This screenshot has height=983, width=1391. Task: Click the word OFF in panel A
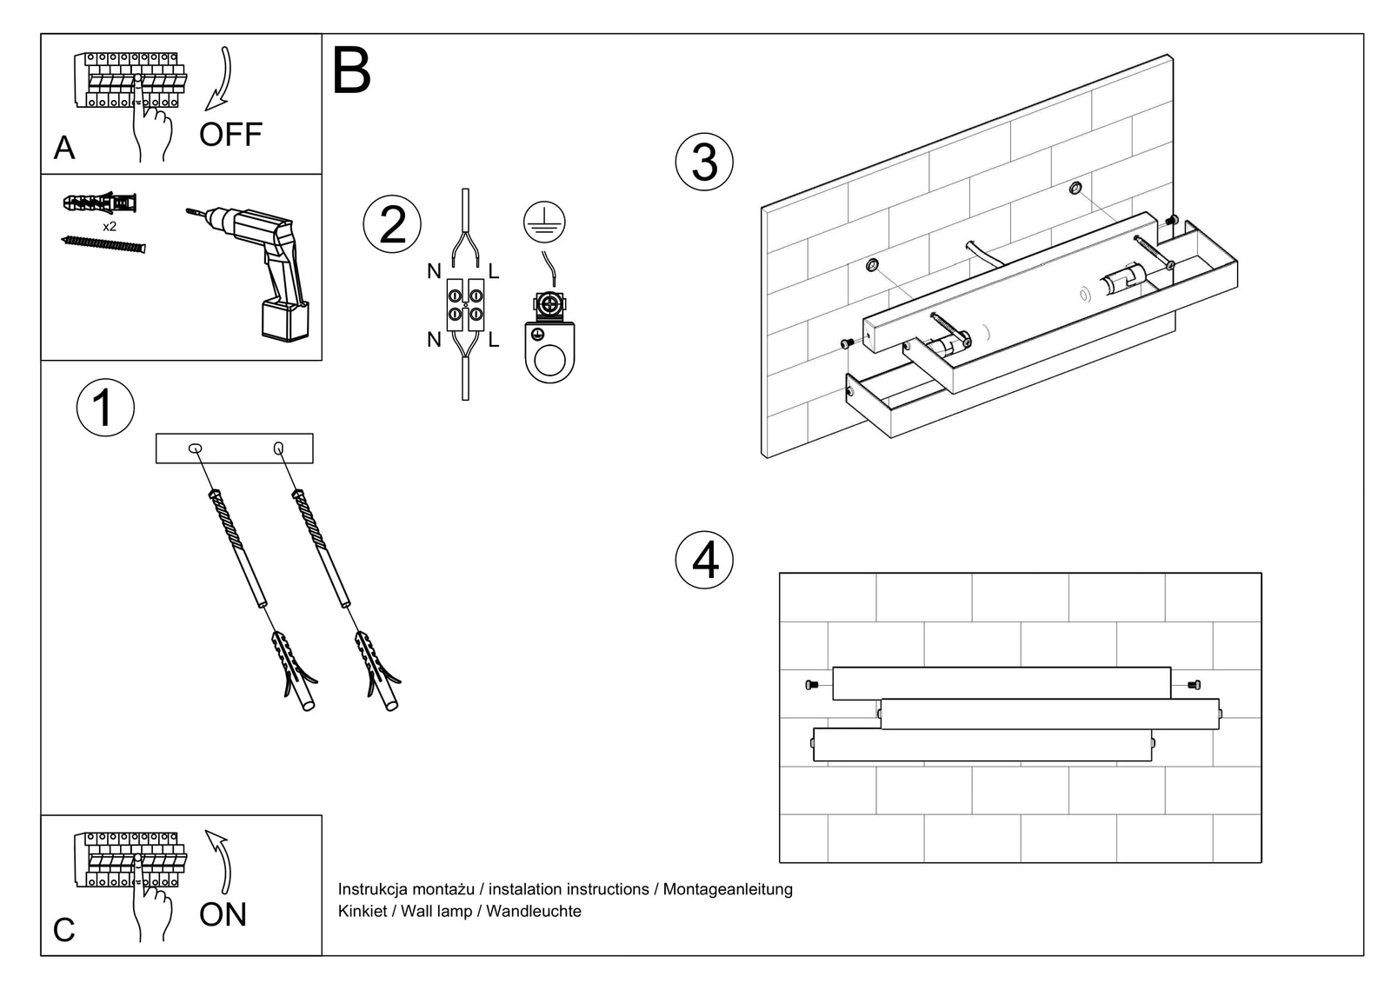click(230, 135)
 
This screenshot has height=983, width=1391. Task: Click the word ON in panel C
click(223, 914)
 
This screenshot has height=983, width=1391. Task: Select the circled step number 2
click(392, 224)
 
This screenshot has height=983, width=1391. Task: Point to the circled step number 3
click(704, 163)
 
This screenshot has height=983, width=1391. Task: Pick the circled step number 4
click(704, 560)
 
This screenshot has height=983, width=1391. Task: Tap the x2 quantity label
click(110, 226)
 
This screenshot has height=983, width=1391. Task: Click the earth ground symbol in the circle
click(544, 222)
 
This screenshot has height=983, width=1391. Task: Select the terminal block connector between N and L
click(465, 305)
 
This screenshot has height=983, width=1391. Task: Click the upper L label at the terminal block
click(494, 272)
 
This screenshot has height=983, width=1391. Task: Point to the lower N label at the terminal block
click(434, 340)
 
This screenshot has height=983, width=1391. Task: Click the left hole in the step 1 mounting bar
click(196, 448)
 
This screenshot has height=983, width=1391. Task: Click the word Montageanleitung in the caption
click(728, 889)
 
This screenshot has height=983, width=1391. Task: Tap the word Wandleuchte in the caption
click(533, 911)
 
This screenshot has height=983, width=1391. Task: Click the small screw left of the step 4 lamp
click(812, 685)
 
